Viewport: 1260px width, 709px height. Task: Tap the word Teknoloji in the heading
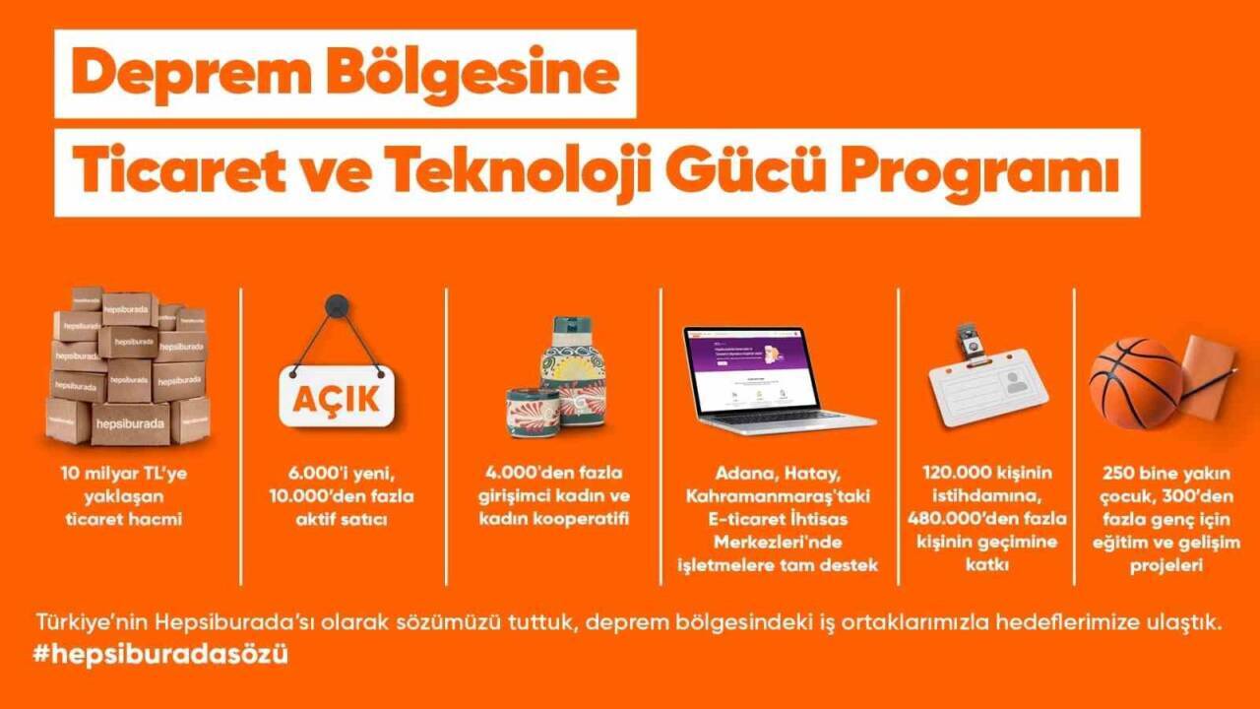coord(543,173)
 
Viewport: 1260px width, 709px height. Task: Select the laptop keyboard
coord(778,417)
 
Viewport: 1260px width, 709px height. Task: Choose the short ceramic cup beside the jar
coord(533,411)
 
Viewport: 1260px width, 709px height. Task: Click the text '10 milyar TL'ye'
coord(123,474)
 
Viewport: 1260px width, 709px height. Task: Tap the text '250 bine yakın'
coord(1165,474)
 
